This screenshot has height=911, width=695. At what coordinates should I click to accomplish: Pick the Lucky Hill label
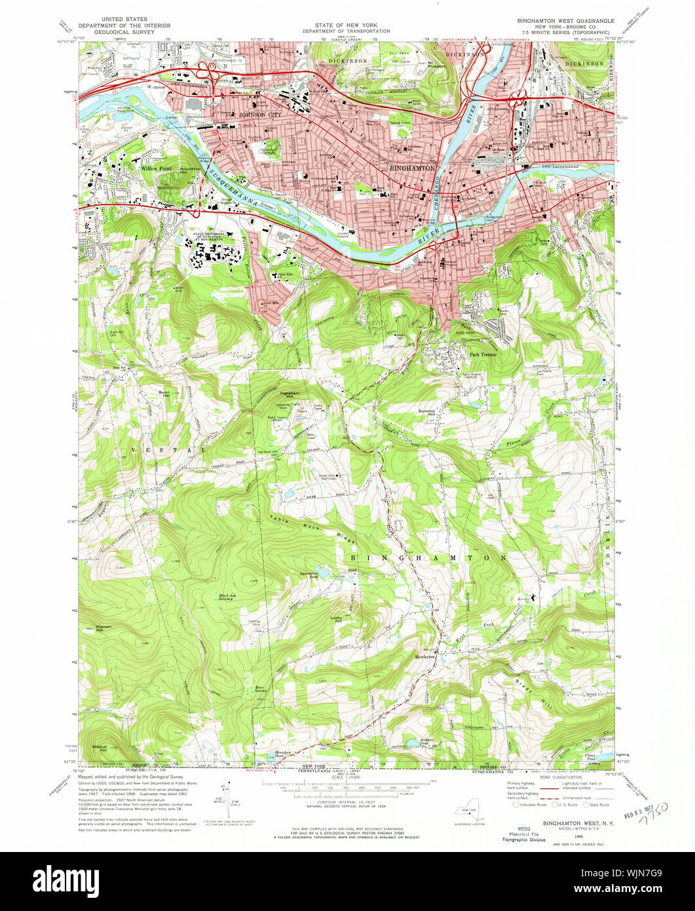(337, 619)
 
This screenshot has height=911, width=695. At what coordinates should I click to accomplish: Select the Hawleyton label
(425, 656)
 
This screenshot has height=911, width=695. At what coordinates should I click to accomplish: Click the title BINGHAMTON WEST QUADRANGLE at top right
(565, 21)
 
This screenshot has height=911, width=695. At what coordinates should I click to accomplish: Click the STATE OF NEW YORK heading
(347, 26)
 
